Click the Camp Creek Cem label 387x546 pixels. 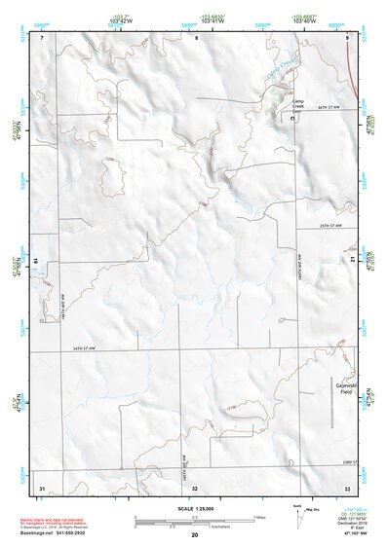tap(299, 106)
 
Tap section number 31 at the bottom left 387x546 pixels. tap(42, 486)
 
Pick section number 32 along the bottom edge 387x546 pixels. tap(195, 486)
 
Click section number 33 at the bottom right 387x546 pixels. tap(347, 486)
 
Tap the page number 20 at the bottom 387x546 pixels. tap(195, 535)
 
